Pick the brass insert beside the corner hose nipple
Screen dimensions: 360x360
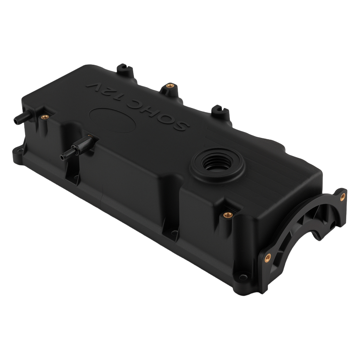coord(44,117)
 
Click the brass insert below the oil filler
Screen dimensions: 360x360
coord(227,215)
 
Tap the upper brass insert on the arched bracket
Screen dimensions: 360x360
coord(342,197)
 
